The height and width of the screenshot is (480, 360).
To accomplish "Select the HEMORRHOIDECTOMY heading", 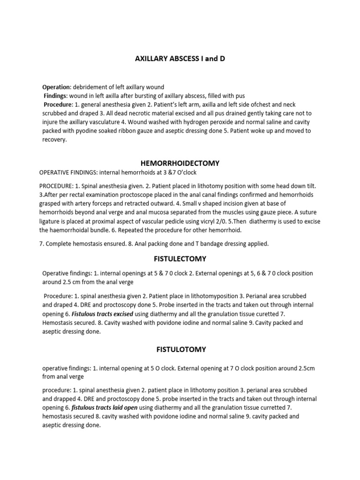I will click(180, 163).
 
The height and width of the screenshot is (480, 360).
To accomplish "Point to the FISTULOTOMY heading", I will click(180, 349).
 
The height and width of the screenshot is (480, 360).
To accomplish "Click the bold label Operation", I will click(56, 87).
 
